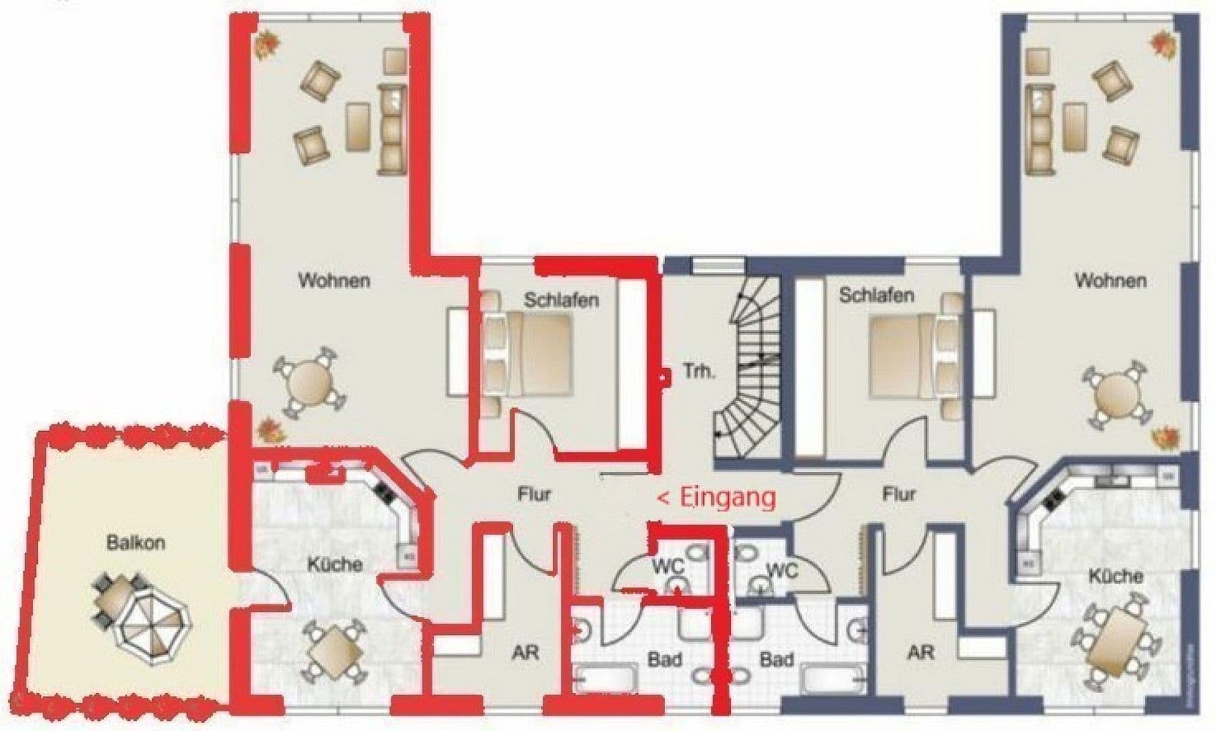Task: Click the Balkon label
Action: pyautogui.click(x=135, y=543)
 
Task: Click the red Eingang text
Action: pyautogui.click(x=717, y=497)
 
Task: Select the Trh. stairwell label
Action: pyautogui.click(x=698, y=371)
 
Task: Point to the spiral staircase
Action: pyautogui.click(x=748, y=369)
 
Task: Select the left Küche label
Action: pyautogui.click(x=335, y=564)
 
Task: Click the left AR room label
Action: pyautogui.click(x=526, y=652)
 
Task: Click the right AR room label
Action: pyautogui.click(x=921, y=652)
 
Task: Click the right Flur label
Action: pyautogui.click(x=899, y=495)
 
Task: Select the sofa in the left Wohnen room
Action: pyautogui.click(x=392, y=129)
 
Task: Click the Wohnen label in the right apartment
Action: pyautogui.click(x=1110, y=280)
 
